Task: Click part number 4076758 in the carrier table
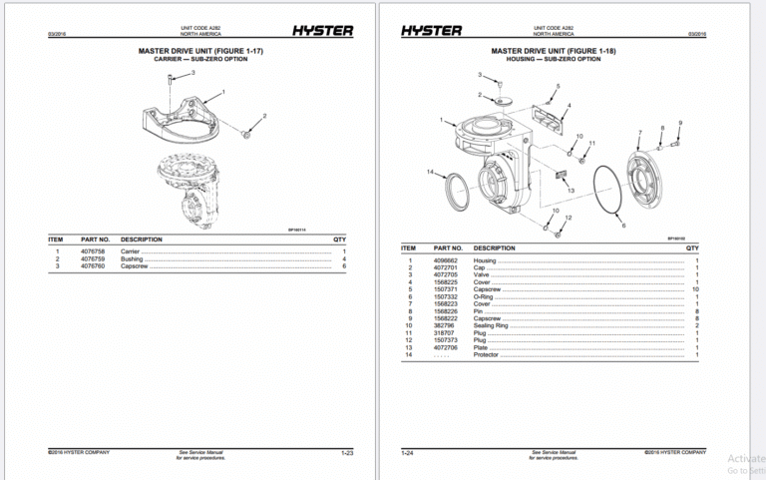pyautogui.click(x=95, y=250)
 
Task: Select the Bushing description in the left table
pyautogui.click(x=132, y=258)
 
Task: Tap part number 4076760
pyautogui.click(x=95, y=266)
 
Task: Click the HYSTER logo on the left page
pyautogui.click(x=321, y=31)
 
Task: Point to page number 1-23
pyautogui.click(x=347, y=453)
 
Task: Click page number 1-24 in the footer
pyautogui.click(x=408, y=453)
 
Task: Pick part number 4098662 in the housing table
pyautogui.click(x=445, y=260)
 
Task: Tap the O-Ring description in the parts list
pyautogui.click(x=484, y=296)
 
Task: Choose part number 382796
pyautogui.click(x=443, y=325)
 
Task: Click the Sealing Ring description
pyautogui.click(x=492, y=325)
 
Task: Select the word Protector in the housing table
pyautogui.click(x=486, y=354)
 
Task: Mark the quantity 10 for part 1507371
pyautogui.click(x=695, y=289)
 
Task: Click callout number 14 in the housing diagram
pyautogui.click(x=431, y=172)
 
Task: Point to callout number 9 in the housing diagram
pyautogui.click(x=679, y=123)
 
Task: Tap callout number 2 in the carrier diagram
pyautogui.click(x=264, y=116)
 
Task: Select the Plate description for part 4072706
pyautogui.click(x=481, y=347)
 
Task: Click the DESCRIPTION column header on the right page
pyautogui.click(x=495, y=248)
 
